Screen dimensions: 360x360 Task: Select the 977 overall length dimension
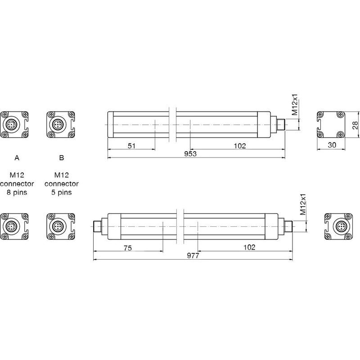coord(193,256)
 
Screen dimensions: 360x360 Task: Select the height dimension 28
coord(355,125)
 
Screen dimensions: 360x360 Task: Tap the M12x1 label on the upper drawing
coord(295,106)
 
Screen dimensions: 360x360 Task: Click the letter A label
coord(17,157)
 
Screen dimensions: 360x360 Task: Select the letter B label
coord(62,157)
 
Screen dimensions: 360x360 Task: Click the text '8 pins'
coord(17,192)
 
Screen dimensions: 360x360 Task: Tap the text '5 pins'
coord(62,192)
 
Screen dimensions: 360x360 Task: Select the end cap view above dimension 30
coord(331,124)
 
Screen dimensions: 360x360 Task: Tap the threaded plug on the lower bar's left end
coord(97,225)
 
